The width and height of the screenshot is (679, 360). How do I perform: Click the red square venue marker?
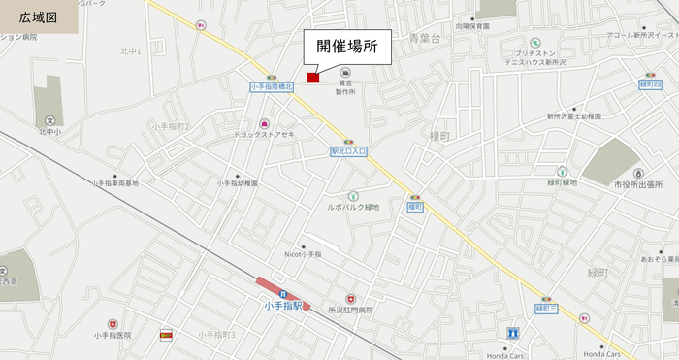[x=313, y=78]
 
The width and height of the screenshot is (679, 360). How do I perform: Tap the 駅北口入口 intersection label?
[x=348, y=151]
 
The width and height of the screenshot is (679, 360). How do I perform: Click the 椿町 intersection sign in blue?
[x=415, y=207]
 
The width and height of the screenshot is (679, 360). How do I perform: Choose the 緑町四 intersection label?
[x=650, y=85]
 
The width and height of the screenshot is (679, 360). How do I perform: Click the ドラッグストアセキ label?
[x=263, y=134]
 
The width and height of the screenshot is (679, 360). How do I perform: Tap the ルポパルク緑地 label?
[x=353, y=207]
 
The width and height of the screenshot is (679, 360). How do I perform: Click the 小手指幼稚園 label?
[x=238, y=182]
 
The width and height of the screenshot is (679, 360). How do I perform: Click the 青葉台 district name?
[x=425, y=39]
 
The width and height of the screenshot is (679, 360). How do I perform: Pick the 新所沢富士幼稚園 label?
[x=573, y=115]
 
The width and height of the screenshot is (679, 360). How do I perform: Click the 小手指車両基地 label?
[x=115, y=183]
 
